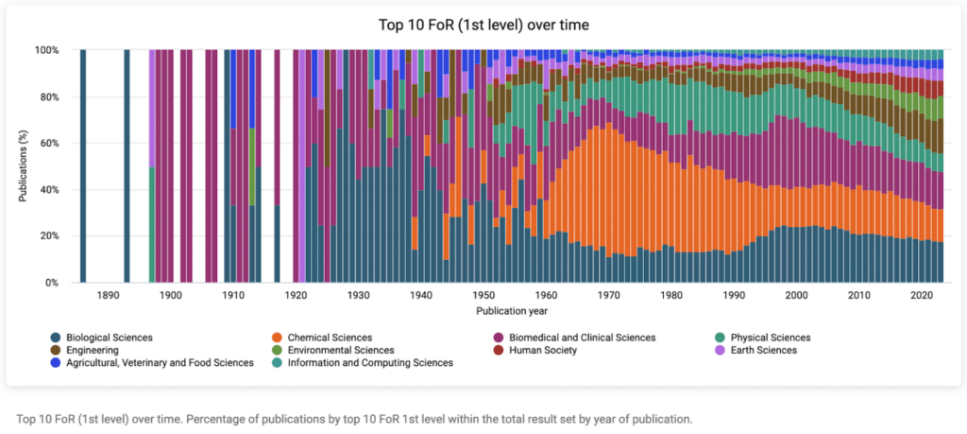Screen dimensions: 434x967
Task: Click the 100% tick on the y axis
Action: click(47, 50)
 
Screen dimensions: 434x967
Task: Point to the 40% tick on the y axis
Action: click(49, 190)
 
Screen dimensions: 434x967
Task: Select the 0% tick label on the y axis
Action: click(53, 283)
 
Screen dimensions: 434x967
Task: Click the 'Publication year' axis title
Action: click(511, 310)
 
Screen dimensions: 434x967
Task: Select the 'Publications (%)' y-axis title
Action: click(23, 166)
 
